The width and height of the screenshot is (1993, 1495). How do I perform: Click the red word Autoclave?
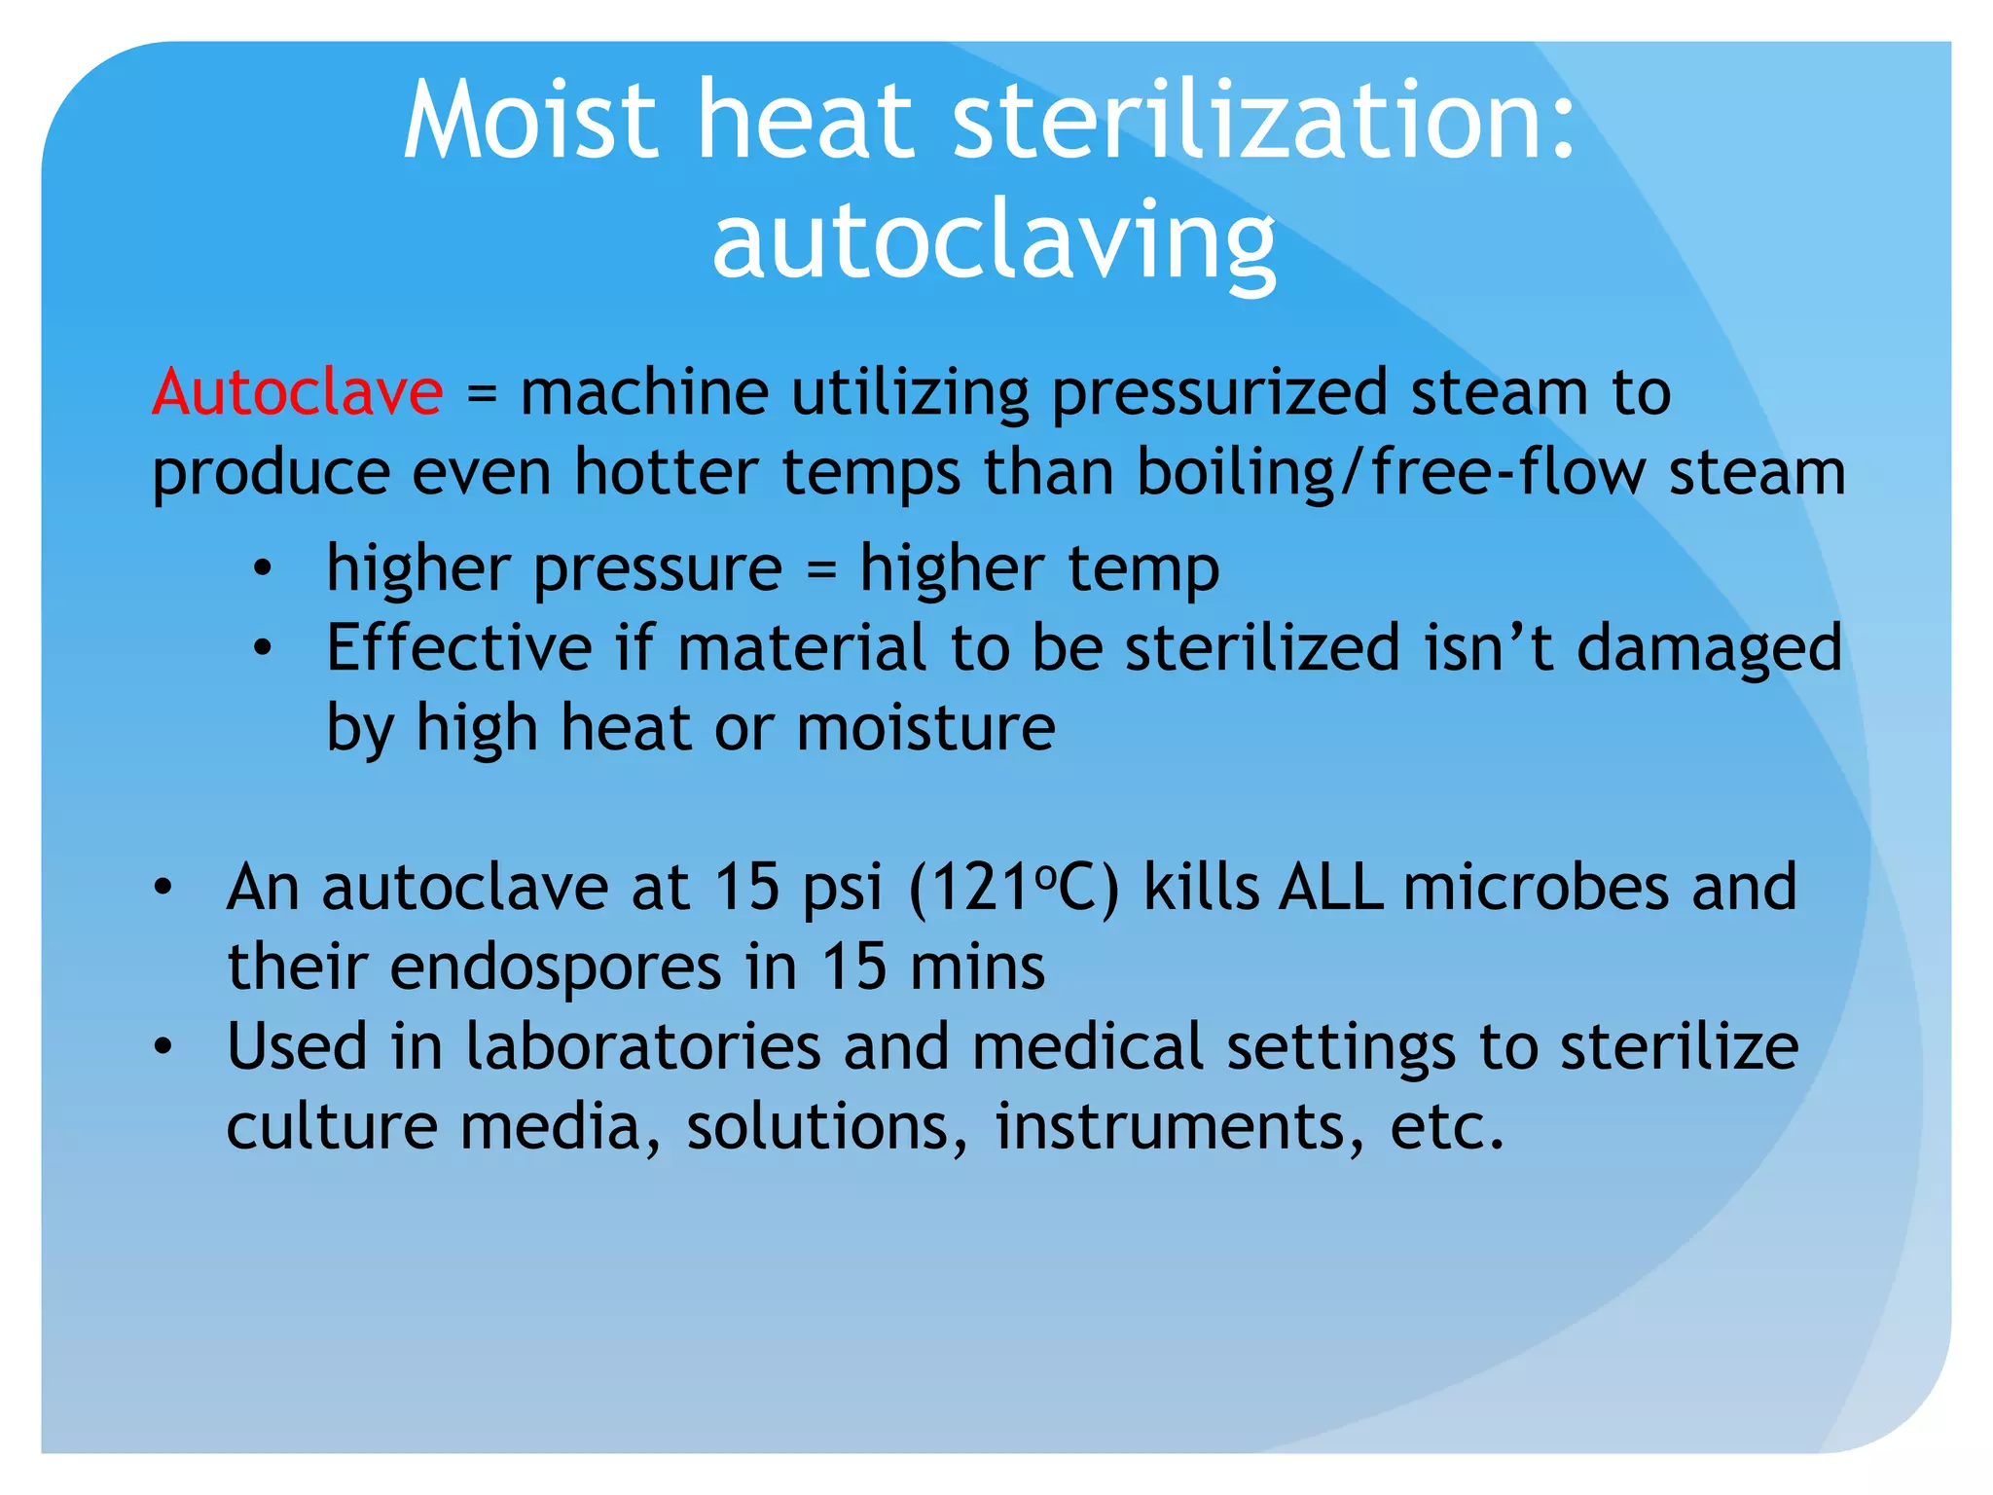tap(298, 392)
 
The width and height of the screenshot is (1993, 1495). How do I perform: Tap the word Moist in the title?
tap(530, 121)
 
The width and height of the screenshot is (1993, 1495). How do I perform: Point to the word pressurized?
tap(1220, 394)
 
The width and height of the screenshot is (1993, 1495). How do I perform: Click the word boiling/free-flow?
tap(1392, 474)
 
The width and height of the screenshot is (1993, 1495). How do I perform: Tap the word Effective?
tap(459, 648)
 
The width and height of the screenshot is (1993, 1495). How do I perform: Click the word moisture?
tap(925, 728)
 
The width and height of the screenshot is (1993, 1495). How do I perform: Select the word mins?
tap(977, 967)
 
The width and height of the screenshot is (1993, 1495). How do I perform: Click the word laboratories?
tap(643, 1047)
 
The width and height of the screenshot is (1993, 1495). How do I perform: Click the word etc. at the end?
tap(1447, 1127)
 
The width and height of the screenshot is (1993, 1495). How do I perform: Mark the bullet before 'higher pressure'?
tap(261, 568)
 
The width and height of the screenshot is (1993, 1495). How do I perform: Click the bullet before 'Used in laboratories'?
tap(163, 1047)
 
